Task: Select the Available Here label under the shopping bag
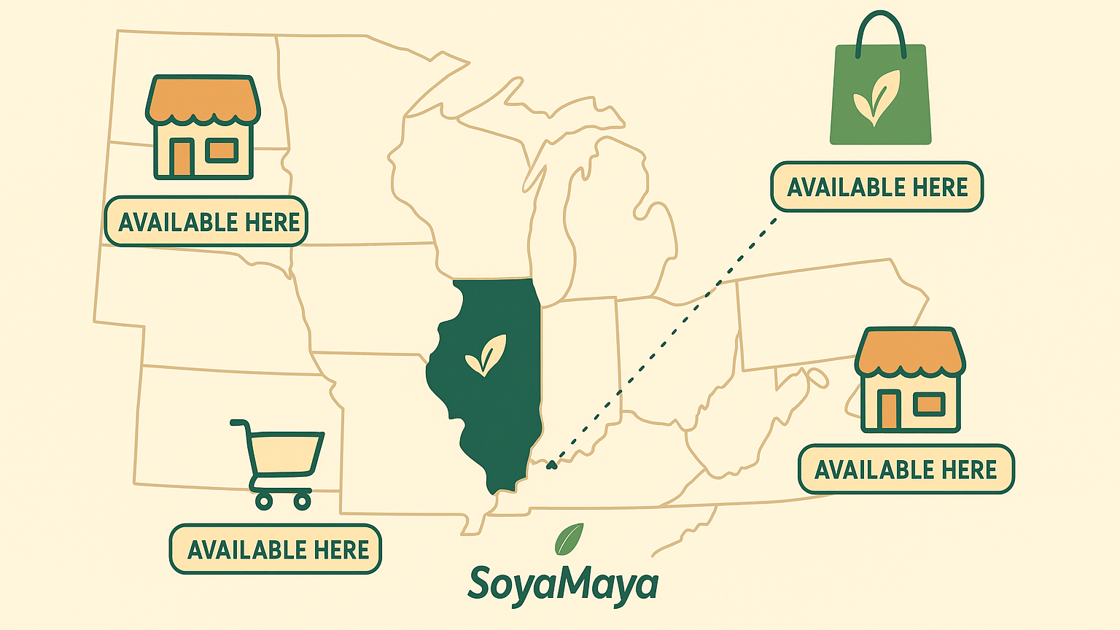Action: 877,187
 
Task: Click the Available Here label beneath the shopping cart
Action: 276,549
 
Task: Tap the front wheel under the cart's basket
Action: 301,500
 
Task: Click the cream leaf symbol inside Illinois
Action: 485,355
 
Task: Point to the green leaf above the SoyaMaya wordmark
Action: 569,539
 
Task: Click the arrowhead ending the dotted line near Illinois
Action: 551,464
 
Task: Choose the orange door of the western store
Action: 181,157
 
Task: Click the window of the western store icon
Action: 222,150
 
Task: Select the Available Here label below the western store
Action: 206,222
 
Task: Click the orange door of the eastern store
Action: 888,409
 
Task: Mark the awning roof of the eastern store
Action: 909,351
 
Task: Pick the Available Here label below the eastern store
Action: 906,470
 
